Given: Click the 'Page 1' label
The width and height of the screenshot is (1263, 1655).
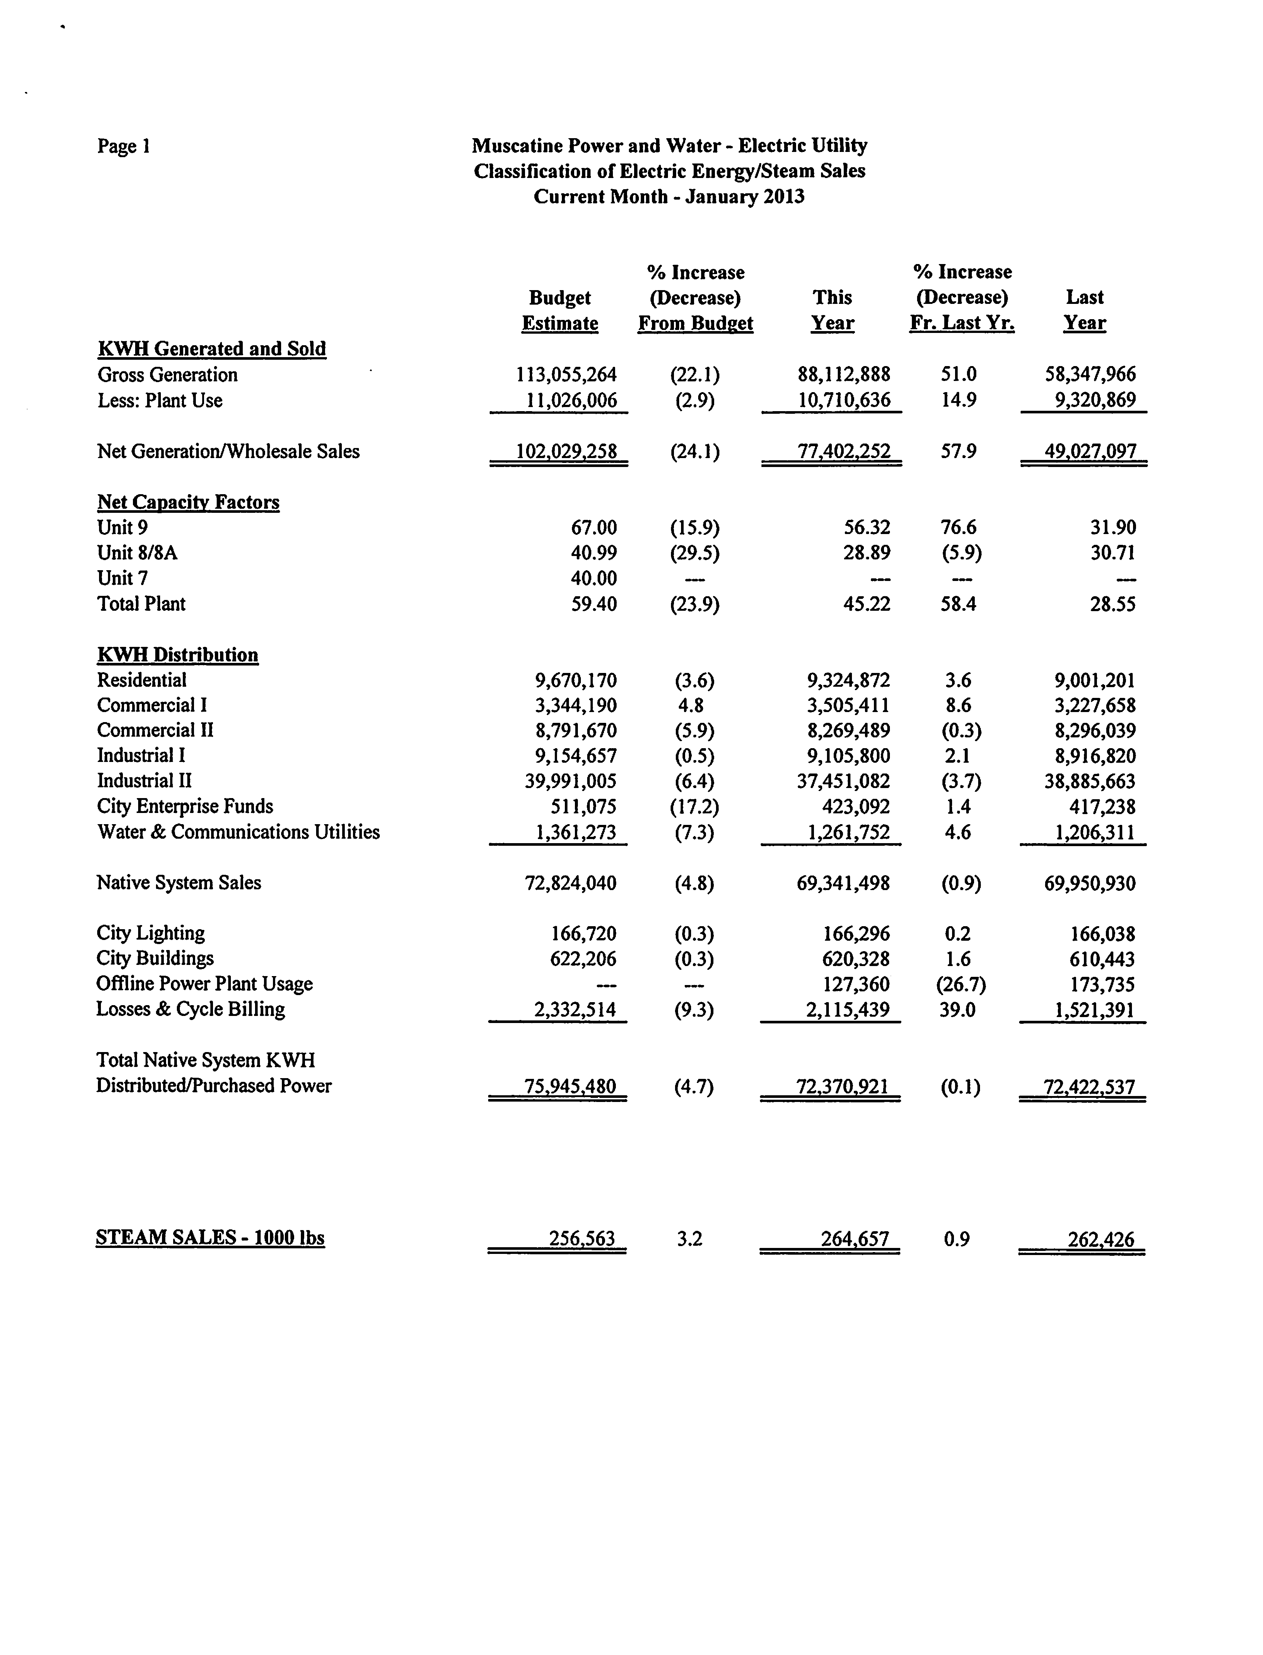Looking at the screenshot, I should point(123,146).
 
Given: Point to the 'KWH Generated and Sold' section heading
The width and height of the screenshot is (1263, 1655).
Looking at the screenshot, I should point(212,349).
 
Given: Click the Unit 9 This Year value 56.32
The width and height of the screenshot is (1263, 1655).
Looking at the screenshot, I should point(867,528).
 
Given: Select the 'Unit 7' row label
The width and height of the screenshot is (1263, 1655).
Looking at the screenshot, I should point(123,578).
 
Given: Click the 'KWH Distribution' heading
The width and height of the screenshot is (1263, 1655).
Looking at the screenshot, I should point(177,655).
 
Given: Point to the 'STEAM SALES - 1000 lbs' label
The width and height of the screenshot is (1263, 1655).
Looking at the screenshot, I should point(210,1238).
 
